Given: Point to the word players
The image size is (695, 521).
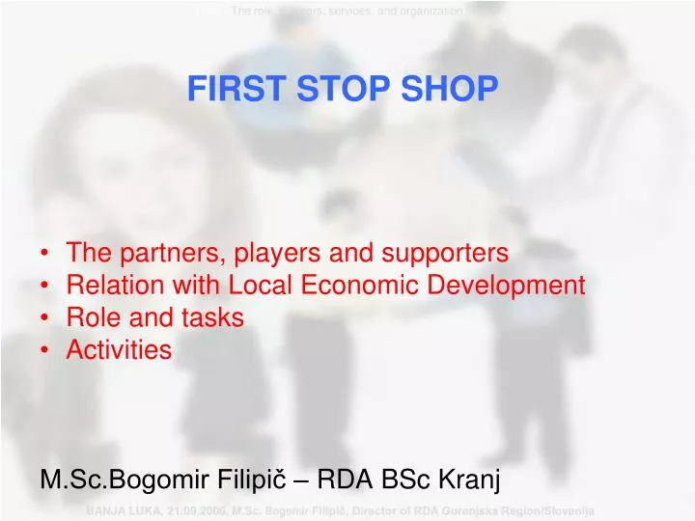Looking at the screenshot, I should click(280, 254).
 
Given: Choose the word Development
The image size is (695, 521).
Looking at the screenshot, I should click(511, 286).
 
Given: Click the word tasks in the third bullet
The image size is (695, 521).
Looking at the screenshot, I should click(211, 317).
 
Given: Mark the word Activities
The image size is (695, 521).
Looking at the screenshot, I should click(119, 350).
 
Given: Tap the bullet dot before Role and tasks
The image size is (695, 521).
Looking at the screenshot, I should click(46, 318).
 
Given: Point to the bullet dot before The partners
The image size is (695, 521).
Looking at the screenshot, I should click(46, 255).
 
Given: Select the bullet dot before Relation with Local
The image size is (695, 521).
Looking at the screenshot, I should click(46, 287).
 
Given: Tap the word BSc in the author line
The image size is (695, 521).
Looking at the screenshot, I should click(409, 479).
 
